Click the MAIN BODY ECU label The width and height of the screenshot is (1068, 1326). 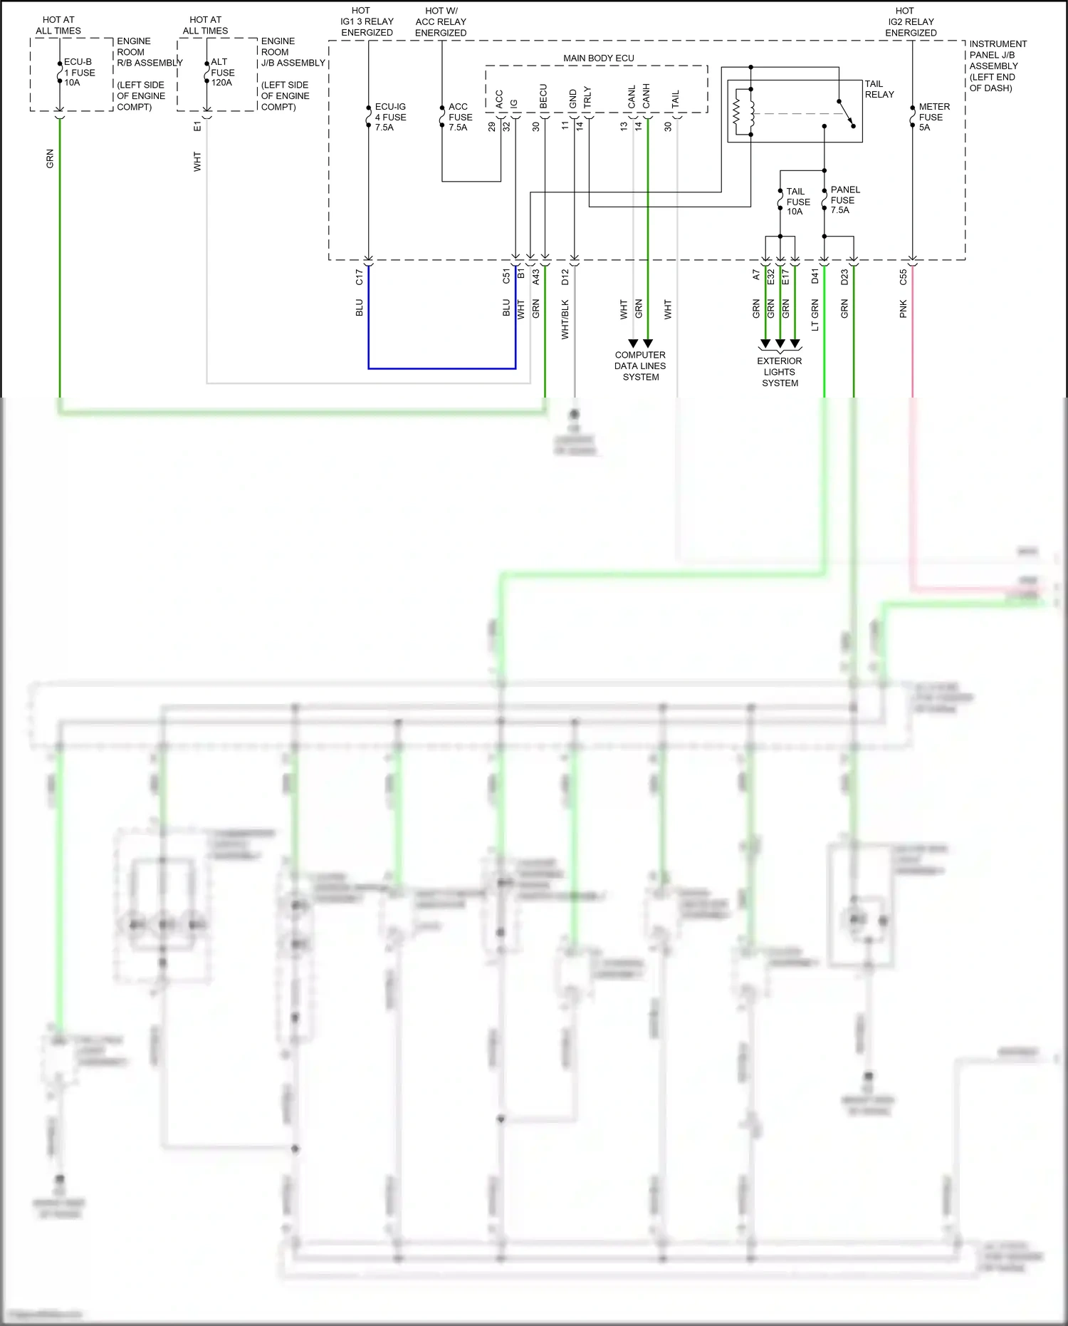pyautogui.click(x=598, y=58)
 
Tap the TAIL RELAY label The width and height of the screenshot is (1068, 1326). pyautogui.click(x=879, y=89)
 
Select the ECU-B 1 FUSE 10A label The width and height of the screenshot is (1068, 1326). pyautogui.click(x=79, y=72)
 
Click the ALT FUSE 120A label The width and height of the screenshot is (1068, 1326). pyautogui.click(x=222, y=72)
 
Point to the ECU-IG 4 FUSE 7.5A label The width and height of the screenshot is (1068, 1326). pyautogui.click(x=390, y=117)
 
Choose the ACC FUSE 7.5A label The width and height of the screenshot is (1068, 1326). pyautogui.click(x=459, y=117)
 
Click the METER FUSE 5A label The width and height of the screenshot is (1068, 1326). pyautogui.click(x=933, y=117)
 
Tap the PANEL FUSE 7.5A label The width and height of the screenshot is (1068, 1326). pyautogui.click(x=844, y=200)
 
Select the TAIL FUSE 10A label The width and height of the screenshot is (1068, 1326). pyautogui.click(x=797, y=202)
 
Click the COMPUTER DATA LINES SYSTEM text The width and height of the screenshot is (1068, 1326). pyautogui.click(x=640, y=366)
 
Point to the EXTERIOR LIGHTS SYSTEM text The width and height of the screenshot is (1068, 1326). pyautogui.click(x=780, y=372)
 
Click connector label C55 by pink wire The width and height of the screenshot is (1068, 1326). pyautogui.click(x=903, y=277)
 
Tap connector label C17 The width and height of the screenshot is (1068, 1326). pyautogui.click(x=359, y=277)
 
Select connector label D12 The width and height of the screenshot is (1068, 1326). pyautogui.click(x=565, y=277)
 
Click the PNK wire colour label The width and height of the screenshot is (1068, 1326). pyautogui.click(x=903, y=309)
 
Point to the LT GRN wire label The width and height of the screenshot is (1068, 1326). pyautogui.click(x=815, y=315)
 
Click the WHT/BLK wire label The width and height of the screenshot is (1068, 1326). pyautogui.click(x=565, y=318)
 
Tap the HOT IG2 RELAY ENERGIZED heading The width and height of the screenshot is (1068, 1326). pyautogui.click(x=910, y=21)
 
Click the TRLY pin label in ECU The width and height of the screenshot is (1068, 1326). pyautogui.click(x=587, y=97)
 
